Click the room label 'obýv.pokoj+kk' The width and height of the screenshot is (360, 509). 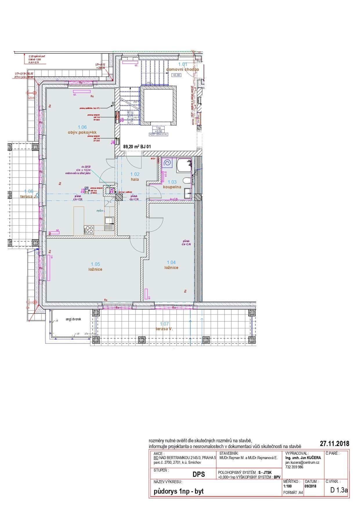point(82,132)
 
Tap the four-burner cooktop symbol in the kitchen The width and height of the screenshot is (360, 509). point(89,230)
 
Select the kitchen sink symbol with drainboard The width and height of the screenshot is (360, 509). point(109,224)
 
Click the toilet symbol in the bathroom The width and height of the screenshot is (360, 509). point(187,181)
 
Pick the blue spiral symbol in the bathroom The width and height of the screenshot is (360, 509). point(167,163)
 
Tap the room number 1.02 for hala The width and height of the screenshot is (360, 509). point(135,174)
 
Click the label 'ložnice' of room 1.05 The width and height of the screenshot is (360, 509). point(95,269)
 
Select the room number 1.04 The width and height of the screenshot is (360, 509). point(171,262)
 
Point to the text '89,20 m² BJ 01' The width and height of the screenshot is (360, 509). point(137,147)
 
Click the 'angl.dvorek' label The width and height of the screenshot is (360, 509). point(73,319)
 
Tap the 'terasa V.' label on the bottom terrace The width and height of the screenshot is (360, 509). point(164,329)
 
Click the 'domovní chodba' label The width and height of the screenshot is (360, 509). point(182,69)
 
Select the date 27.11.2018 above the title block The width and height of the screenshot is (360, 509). point(334,444)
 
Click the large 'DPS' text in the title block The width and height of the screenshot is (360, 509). point(199,474)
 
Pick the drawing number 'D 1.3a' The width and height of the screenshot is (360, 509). point(339,490)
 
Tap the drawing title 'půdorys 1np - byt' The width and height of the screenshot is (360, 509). point(178,491)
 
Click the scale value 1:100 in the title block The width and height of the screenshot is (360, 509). point(287,486)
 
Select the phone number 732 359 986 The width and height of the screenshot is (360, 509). point(294,467)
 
